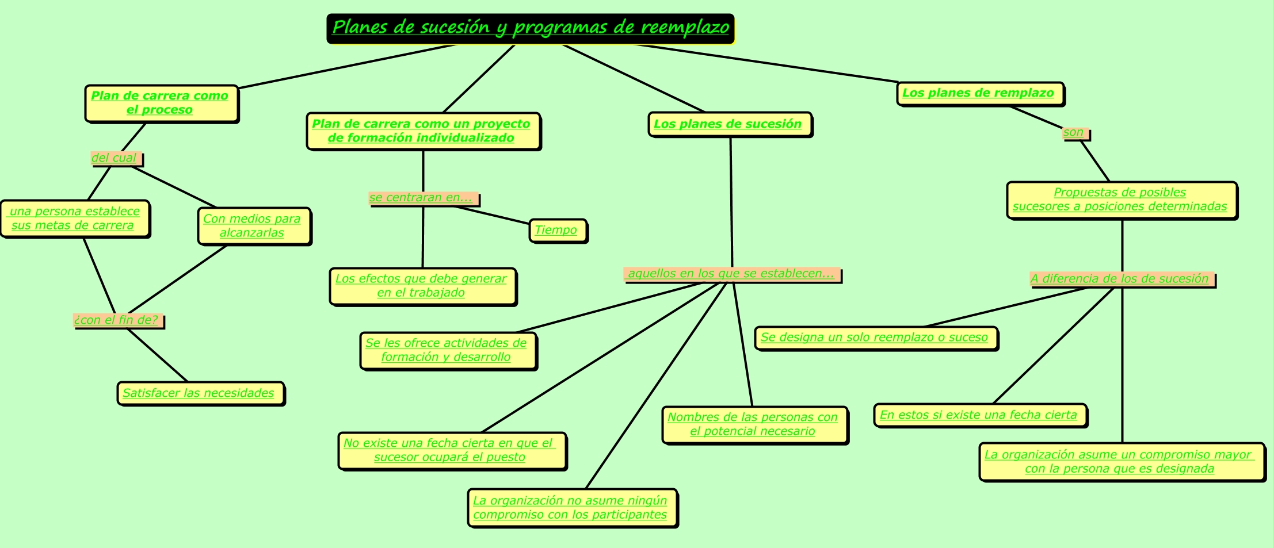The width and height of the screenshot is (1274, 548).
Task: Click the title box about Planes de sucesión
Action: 531,28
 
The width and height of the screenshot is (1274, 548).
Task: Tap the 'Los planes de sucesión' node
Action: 729,124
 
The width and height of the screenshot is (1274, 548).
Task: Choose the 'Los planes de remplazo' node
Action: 979,93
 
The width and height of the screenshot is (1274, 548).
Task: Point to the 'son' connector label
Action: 1074,133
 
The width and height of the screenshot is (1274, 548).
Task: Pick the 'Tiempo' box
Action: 557,231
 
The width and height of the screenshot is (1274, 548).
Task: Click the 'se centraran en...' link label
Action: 422,198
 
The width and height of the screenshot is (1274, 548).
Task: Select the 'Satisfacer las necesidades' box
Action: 200,393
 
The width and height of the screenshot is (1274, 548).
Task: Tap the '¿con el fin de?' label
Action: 117,320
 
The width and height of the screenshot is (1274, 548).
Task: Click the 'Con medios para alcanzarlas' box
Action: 253,226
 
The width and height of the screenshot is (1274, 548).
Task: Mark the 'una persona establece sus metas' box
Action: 75,219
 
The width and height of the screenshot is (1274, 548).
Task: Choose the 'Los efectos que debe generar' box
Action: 422,286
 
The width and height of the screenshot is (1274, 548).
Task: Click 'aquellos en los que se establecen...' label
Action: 731,274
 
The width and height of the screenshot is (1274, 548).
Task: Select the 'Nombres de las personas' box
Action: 754,424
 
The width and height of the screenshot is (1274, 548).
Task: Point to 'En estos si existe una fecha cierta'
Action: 979,415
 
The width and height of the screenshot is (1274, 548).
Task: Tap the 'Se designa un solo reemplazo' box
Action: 875,338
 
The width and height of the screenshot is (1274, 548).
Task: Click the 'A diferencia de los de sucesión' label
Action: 1121,279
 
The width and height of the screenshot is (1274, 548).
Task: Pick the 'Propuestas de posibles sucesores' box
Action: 1121,200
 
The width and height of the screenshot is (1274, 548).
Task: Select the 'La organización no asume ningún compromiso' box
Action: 571,508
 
